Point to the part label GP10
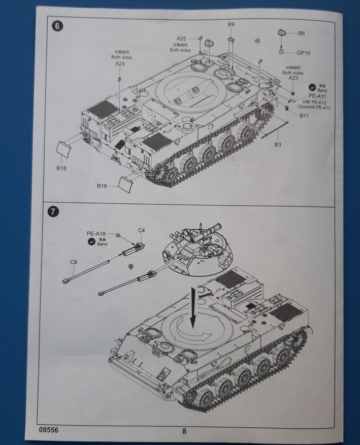point(304,53)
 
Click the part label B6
point(302,33)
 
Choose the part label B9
point(231,24)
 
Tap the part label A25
point(182,39)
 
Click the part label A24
point(120,64)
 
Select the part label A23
point(293,78)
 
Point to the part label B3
point(278,145)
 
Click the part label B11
point(304,117)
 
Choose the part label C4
point(142,231)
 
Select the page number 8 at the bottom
point(184,432)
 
